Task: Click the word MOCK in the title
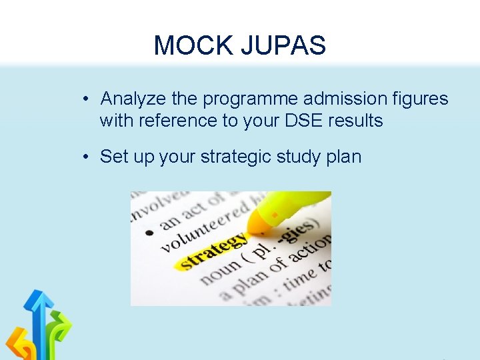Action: click(187, 46)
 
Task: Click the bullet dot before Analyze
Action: click(87, 100)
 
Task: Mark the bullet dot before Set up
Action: click(87, 158)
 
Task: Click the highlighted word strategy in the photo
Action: click(212, 252)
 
